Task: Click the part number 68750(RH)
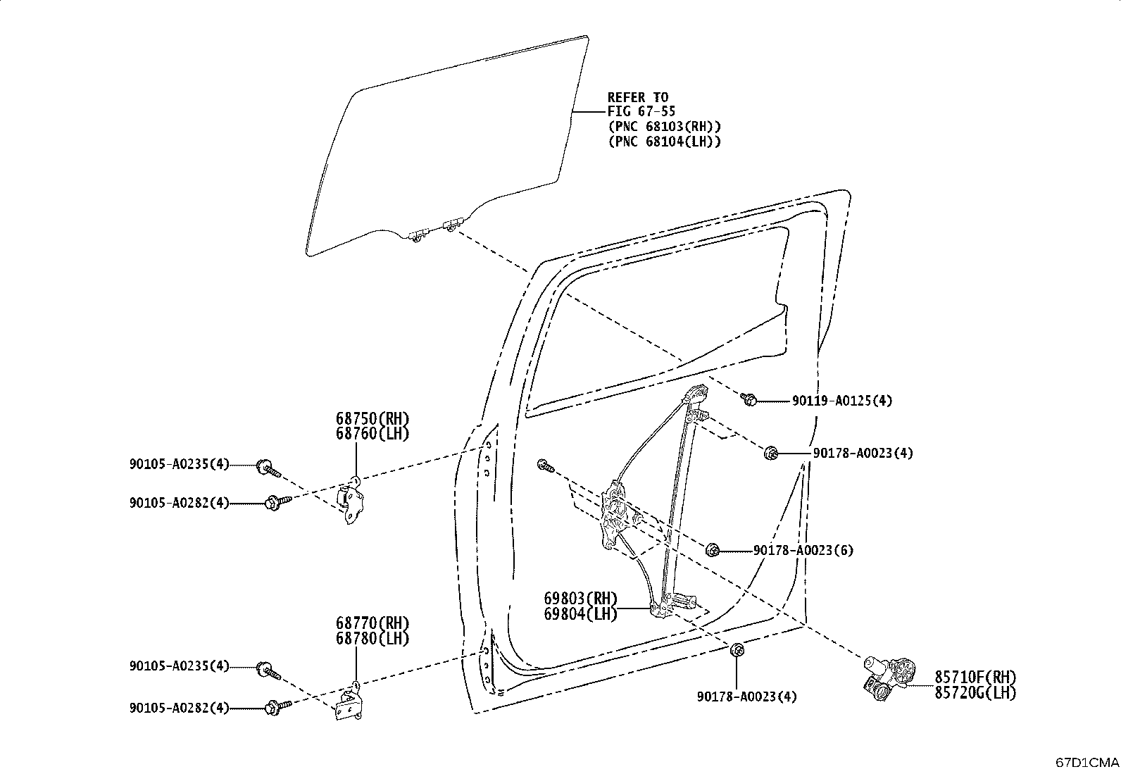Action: pyautogui.click(x=372, y=418)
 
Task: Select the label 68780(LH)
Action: pyautogui.click(x=372, y=639)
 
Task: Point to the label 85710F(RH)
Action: pyautogui.click(x=975, y=676)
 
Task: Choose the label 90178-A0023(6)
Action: pyautogui.click(x=803, y=550)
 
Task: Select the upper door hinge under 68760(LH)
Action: pyautogui.click(x=351, y=502)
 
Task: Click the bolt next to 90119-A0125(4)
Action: pyautogui.click(x=749, y=399)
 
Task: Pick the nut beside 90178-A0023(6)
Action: pyautogui.click(x=713, y=549)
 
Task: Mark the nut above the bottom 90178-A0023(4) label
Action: pyautogui.click(x=736, y=651)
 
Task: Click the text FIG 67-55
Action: pyautogui.click(x=642, y=111)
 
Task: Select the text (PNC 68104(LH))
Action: pyautogui.click(x=664, y=141)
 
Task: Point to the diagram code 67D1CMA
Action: pyautogui.click(x=1086, y=762)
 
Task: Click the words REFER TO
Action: pyautogui.click(x=638, y=97)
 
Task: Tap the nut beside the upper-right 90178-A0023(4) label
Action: pyautogui.click(x=771, y=452)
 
